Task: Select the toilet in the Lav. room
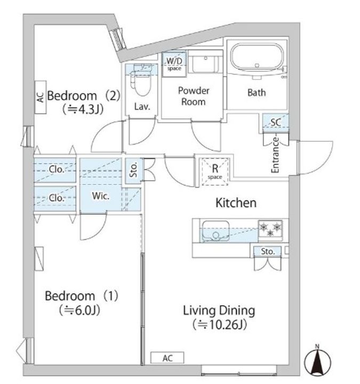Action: point(141,81)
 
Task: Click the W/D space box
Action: point(174,64)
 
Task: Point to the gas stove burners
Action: point(270,229)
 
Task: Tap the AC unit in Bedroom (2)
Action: point(41,97)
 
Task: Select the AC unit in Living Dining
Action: point(167,358)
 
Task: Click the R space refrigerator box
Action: point(215,171)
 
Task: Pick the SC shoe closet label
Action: point(276,122)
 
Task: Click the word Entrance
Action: point(275,155)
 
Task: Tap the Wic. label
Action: point(101,196)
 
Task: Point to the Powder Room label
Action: point(194,96)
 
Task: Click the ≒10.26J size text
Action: point(220,325)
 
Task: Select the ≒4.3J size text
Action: point(83,109)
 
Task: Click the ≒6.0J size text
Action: point(79,310)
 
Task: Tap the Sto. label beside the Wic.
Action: point(133,170)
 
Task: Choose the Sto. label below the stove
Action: point(268,252)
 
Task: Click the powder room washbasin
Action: point(206,63)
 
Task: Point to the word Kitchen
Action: point(236,203)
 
